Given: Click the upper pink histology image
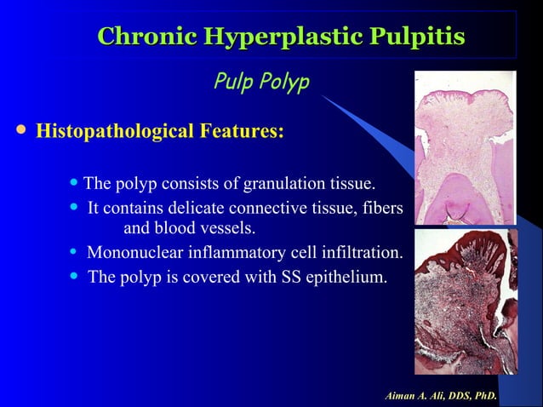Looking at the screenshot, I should coord(465,146).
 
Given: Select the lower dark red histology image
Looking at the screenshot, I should coord(465,301).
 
